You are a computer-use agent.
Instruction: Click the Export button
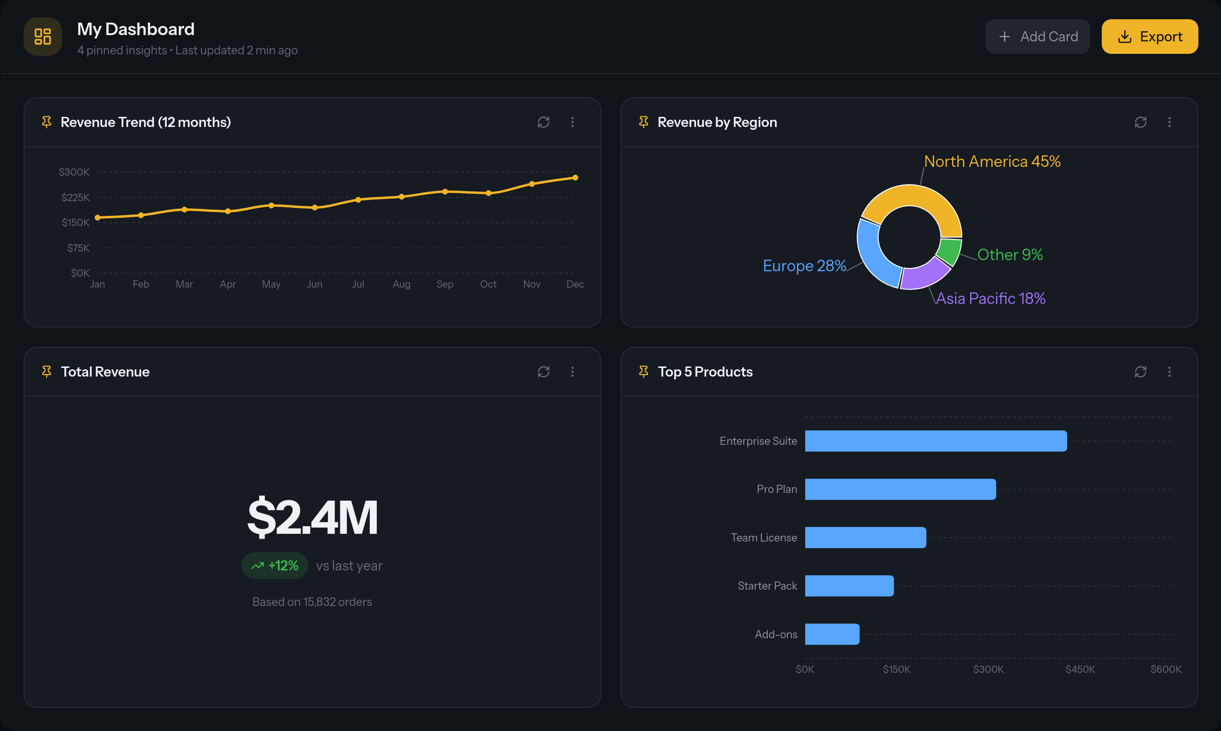(x=1149, y=37)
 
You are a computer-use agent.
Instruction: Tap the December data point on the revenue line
(x=575, y=177)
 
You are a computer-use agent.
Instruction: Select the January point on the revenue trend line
(x=98, y=217)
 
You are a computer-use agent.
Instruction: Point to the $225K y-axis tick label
(x=75, y=198)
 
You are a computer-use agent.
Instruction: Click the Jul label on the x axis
(x=358, y=284)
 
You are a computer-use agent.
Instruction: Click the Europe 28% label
(x=804, y=266)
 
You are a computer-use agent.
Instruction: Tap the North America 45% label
(x=992, y=162)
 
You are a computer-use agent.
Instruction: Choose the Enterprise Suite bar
(x=935, y=441)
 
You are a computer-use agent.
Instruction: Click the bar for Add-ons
(x=832, y=634)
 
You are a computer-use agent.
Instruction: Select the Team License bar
(x=865, y=537)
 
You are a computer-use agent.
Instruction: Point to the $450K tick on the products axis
(x=1080, y=669)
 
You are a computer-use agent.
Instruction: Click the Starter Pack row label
(x=767, y=586)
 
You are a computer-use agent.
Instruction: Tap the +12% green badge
(x=275, y=566)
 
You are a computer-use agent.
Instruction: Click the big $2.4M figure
(x=312, y=517)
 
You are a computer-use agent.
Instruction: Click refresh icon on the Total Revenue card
(x=544, y=372)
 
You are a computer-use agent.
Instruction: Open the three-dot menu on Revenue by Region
(x=1169, y=122)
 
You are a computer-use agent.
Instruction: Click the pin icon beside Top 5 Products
(x=644, y=372)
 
